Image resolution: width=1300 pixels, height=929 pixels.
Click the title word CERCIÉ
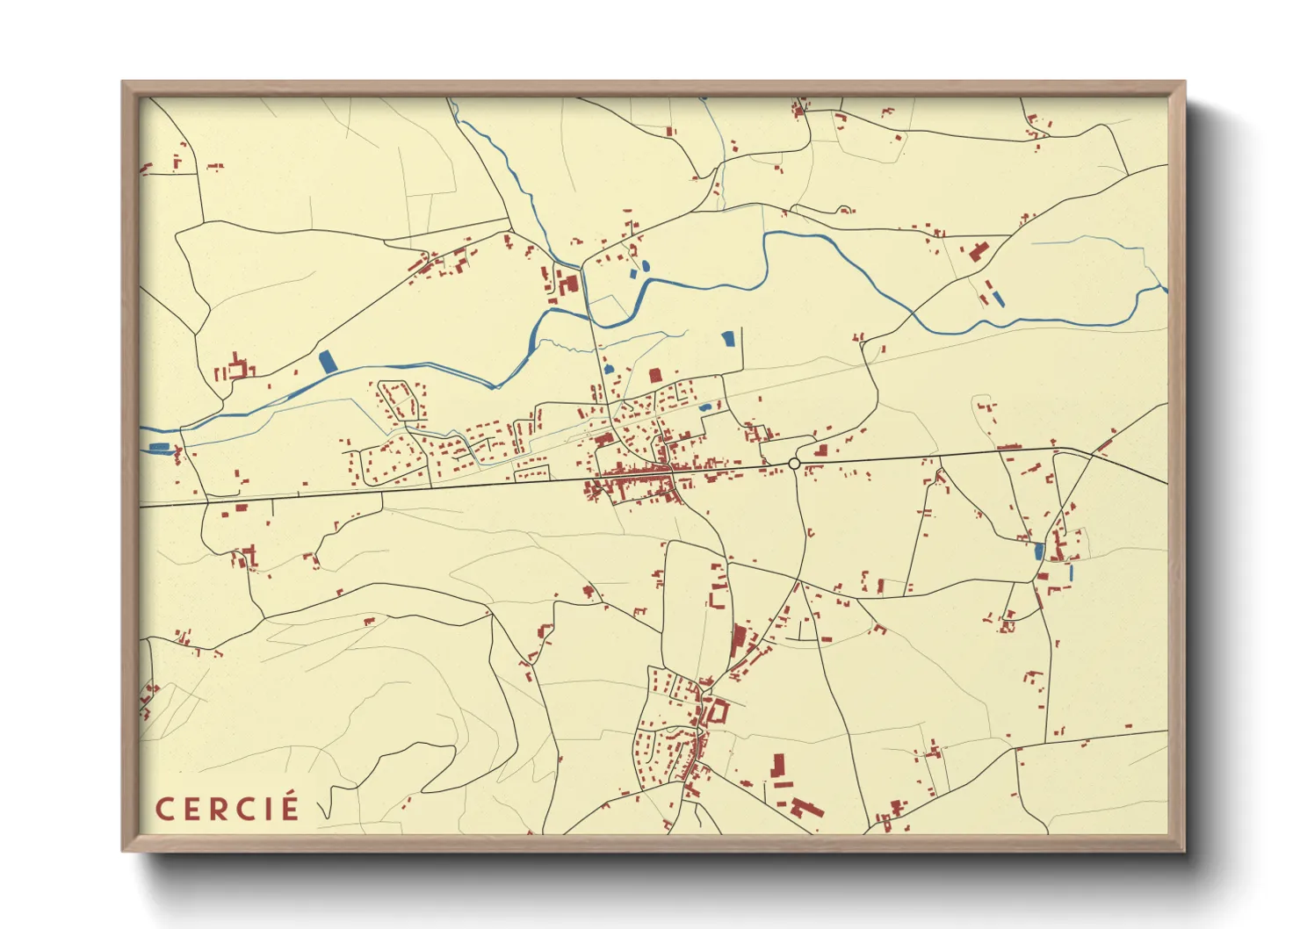click(x=227, y=809)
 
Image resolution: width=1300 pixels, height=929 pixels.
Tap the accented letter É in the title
click(x=290, y=807)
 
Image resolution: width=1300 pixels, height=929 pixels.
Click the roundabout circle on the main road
click(x=794, y=464)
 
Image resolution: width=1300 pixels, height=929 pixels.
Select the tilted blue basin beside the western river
click(x=328, y=361)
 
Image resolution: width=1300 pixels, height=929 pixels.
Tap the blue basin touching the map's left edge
click(x=158, y=448)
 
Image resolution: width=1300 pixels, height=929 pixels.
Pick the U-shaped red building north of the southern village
click(x=717, y=597)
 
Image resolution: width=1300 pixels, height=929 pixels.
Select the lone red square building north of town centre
click(x=654, y=375)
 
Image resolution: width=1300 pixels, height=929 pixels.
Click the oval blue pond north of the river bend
click(x=646, y=264)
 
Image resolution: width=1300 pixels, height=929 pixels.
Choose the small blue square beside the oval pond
click(x=634, y=274)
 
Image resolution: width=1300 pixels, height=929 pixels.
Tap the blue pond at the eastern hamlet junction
click(x=1039, y=551)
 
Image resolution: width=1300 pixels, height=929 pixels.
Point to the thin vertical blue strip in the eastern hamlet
click(x=1071, y=572)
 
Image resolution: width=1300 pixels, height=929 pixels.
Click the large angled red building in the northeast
click(x=977, y=251)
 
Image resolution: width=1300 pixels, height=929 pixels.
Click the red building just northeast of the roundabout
click(x=822, y=450)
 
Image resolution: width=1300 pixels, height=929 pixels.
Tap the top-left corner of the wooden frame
click(x=123, y=83)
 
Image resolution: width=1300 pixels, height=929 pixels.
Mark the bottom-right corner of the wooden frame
click(x=1184, y=851)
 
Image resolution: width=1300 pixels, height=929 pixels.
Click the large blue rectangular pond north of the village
click(x=727, y=339)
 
